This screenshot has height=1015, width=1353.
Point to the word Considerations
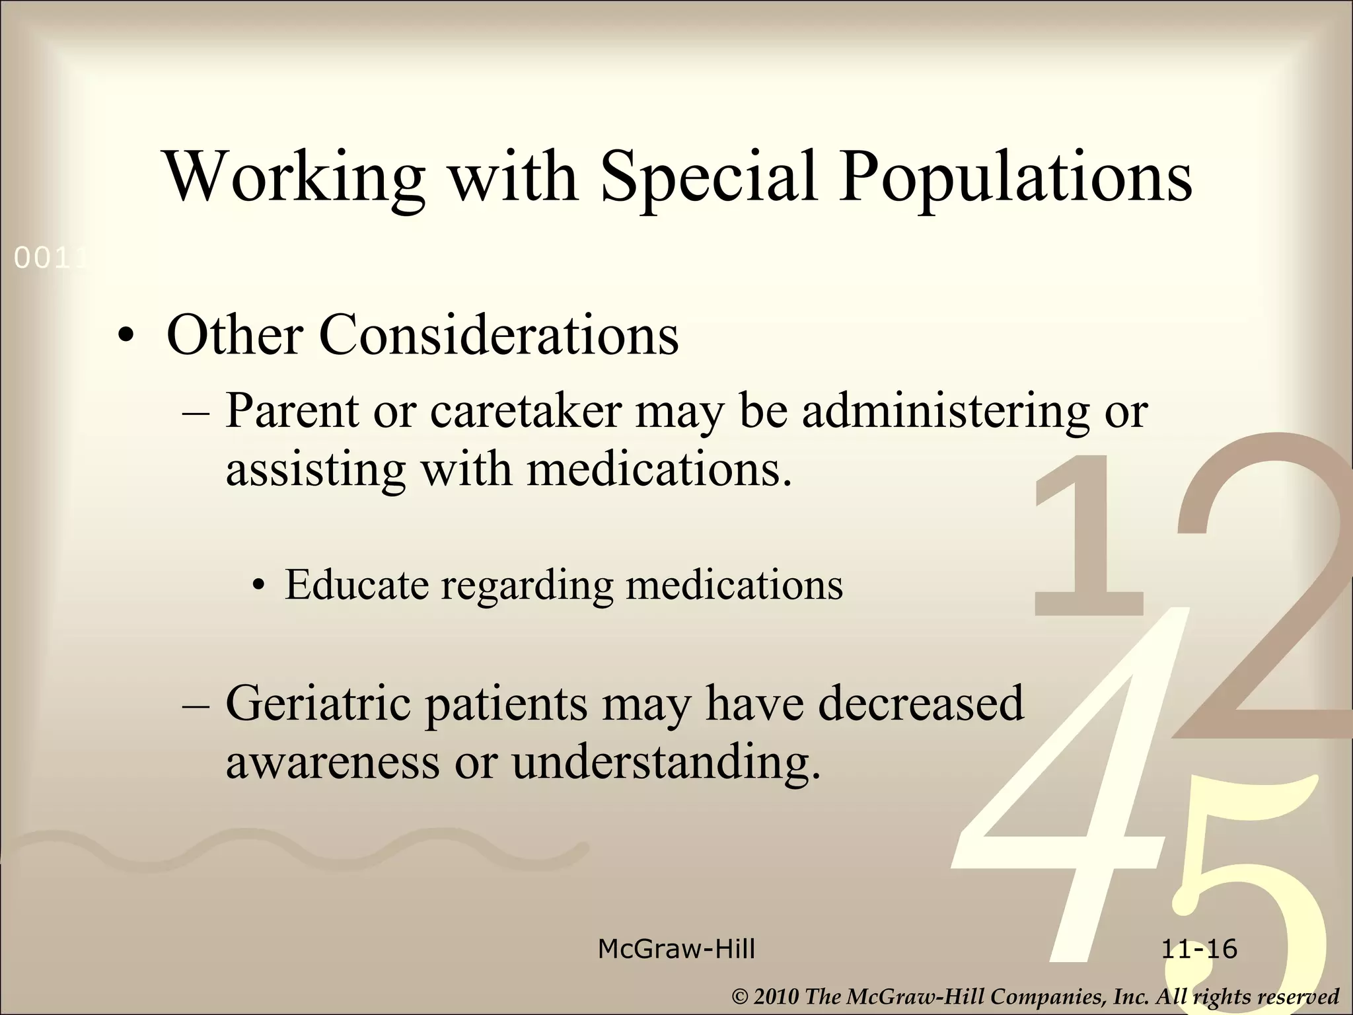pyautogui.click(x=499, y=335)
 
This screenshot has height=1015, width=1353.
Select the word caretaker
pyautogui.click(x=526, y=411)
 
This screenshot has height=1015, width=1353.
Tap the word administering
pyautogui.click(x=945, y=411)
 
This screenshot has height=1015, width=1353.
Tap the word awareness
pyautogui.click(x=333, y=761)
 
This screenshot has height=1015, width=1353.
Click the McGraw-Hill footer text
pyautogui.click(x=676, y=949)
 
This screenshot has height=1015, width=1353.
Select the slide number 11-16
pyautogui.click(x=1199, y=949)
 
